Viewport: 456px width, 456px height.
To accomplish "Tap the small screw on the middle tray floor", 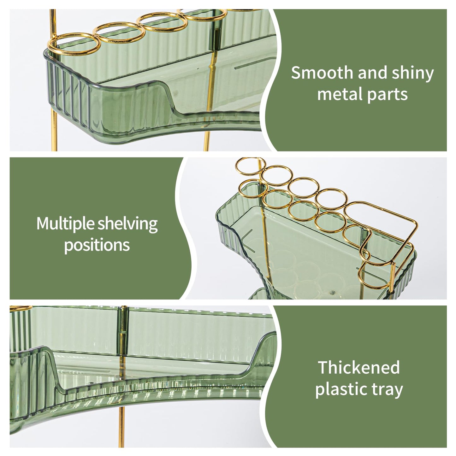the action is coord(333,293).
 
